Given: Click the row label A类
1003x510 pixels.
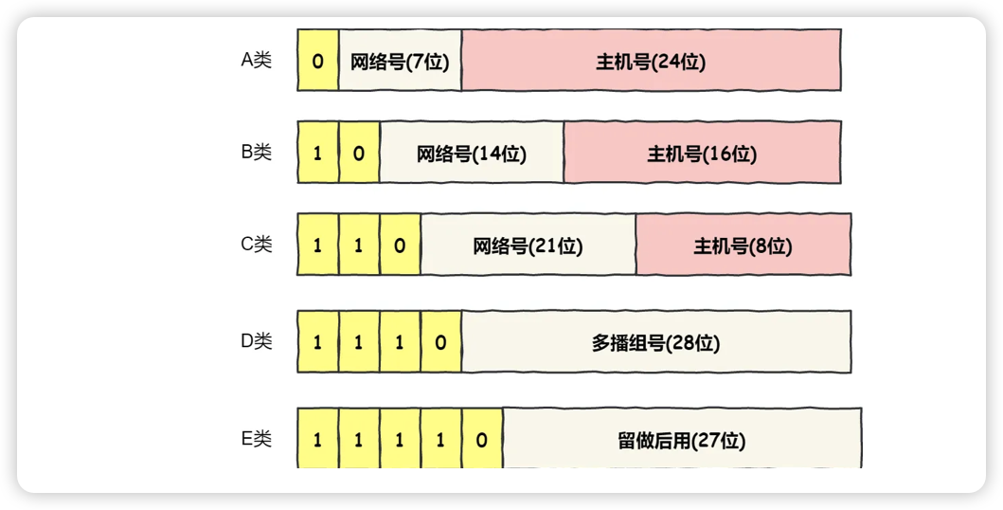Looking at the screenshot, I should click(256, 61).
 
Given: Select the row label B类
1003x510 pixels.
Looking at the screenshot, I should click(256, 152).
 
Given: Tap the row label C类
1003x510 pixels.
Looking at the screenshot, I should click(256, 245).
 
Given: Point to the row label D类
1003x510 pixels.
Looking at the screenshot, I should click(256, 341).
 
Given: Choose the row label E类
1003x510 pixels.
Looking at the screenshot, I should click(256, 439).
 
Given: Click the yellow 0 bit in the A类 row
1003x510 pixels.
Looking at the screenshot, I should click(317, 61).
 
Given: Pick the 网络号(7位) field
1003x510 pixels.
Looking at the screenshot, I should click(400, 61).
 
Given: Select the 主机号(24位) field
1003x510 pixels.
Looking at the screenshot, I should click(651, 61).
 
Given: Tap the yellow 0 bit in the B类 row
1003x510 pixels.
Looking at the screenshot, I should click(359, 153).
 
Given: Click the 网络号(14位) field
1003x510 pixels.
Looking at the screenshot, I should click(471, 153).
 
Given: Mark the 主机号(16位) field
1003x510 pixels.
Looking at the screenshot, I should click(702, 153).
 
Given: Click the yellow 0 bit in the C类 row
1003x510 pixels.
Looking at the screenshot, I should click(400, 246).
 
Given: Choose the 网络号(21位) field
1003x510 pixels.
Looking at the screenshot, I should click(528, 246).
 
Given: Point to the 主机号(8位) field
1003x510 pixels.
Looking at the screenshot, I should click(743, 246).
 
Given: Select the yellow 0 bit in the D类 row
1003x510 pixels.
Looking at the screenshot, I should click(440, 342).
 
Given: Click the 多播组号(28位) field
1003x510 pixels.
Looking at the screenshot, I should click(655, 342).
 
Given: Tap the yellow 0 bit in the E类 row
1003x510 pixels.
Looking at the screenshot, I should click(482, 440).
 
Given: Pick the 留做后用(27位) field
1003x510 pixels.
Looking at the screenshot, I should click(681, 440).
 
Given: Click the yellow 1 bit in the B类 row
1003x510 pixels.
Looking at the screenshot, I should click(317, 153).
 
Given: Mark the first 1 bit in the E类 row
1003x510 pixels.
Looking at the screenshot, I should click(317, 440).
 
